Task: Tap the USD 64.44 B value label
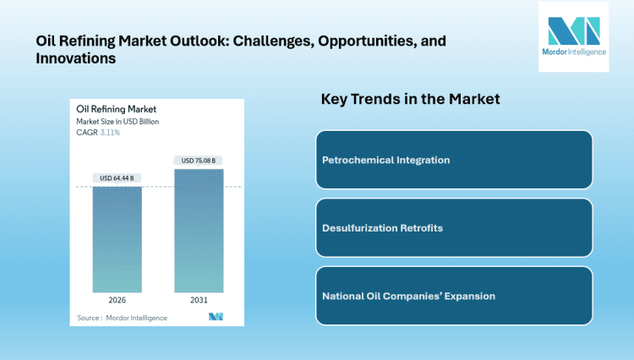click(x=118, y=177)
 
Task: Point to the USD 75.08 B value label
click(x=199, y=161)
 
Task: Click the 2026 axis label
click(x=117, y=299)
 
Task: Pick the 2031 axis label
click(x=199, y=299)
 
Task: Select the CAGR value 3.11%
click(x=109, y=133)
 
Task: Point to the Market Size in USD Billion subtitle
click(x=118, y=121)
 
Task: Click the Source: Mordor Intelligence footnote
click(x=122, y=318)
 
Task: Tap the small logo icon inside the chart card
click(x=215, y=317)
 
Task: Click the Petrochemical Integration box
click(x=454, y=160)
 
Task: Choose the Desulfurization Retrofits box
click(x=454, y=228)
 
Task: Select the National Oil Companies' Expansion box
click(x=454, y=296)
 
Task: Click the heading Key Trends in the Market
click(x=410, y=99)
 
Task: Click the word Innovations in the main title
click(x=75, y=59)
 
